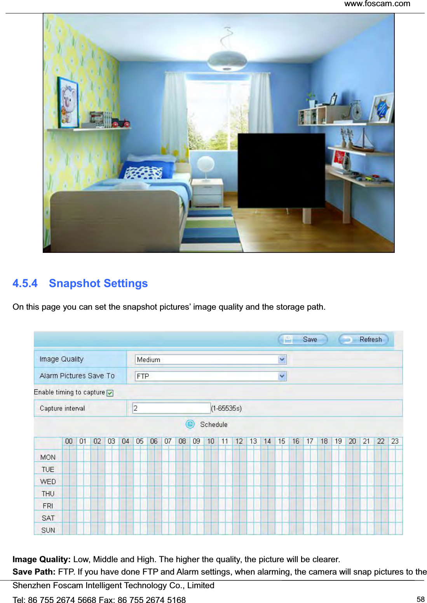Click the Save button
(x=303, y=339)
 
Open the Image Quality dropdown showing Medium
(x=211, y=359)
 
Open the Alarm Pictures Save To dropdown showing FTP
(x=211, y=376)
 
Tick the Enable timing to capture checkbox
(x=110, y=393)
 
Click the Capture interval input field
(x=171, y=408)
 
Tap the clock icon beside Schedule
(x=190, y=424)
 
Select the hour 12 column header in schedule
(x=239, y=441)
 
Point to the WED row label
(x=48, y=482)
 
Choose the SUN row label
(x=48, y=530)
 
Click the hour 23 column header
(x=395, y=441)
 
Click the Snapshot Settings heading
(x=98, y=283)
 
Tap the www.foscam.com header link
(x=377, y=4)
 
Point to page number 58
(x=420, y=599)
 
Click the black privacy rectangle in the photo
(x=281, y=170)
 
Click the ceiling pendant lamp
(x=227, y=60)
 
